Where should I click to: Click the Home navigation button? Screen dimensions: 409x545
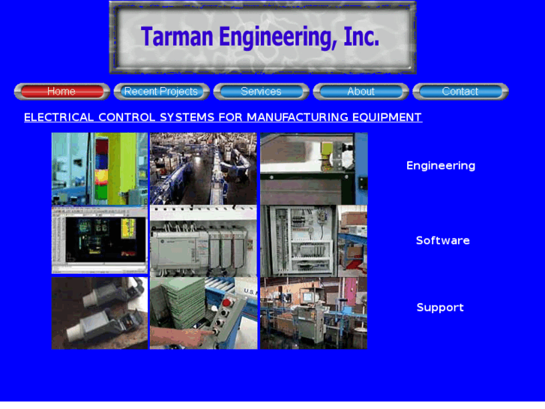point(61,92)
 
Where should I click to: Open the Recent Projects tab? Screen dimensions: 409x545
point(161,92)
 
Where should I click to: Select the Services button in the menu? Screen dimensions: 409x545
point(261,92)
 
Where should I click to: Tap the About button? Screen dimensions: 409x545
point(361,92)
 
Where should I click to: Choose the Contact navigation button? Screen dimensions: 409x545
point(460,92)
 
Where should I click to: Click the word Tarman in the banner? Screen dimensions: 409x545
point(177,37)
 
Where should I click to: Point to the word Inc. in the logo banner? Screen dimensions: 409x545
point(361,37)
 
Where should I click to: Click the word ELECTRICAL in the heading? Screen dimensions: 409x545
point(58,117)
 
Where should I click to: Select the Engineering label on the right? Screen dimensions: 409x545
point(441,166)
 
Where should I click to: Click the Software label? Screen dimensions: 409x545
point(443,241)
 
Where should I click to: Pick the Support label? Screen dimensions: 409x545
point(440,308)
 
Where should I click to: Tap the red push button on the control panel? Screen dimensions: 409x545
point(224,303)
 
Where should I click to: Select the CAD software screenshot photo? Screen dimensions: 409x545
point(100,241)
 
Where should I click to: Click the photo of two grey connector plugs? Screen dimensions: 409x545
point(100,313)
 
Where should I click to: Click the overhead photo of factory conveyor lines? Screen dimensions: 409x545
point(203,169)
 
